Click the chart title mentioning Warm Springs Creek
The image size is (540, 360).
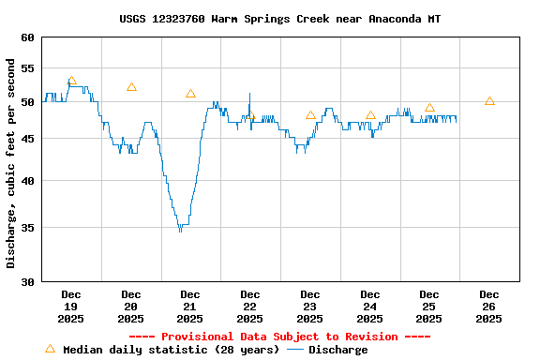(x=279, y=19)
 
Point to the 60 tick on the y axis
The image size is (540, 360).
(x=25, y=37)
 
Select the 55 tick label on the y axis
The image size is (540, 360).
(x=25, y=68)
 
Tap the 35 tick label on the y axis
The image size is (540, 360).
(x=25, y=228)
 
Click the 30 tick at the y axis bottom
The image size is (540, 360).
(x=25, y=281)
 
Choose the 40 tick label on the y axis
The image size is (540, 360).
(x=25, y=181)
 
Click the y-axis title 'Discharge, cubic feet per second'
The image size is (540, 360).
(x=11, y=163)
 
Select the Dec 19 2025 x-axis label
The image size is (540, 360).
(x=71, y=307)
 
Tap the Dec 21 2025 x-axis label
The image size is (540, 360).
(x=190, y=307)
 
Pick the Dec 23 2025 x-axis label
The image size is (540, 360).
(x=310, y=307)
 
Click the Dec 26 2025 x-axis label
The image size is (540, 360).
(x=488, y=307)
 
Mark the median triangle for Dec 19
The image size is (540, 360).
(x=71, y=82)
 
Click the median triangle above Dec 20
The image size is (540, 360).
(x=131, y=87)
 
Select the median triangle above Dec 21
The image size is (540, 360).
(x=190, y=94)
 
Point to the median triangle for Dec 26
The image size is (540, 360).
(x=489, y=101)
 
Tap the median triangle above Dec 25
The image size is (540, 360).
(x=429, y=108)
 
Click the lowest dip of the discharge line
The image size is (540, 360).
(x=180, y=230)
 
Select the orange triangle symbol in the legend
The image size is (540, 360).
(x=50, y=349)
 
